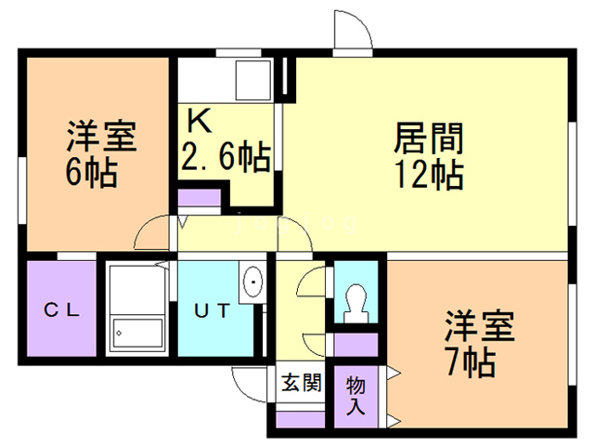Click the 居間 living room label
tap(429, 138)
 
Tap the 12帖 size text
tap(429, 175)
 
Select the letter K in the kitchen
tap(200, 120)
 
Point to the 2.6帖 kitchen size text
tap(226, 156)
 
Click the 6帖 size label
tap(91, 172)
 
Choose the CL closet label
tap(61, 310)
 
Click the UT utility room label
tap(212, 310)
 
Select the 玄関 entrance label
tap(301, 383)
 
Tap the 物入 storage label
tap(355, 396)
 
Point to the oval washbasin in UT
tap(252, 282)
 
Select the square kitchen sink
tap(253, 80)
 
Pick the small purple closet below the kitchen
tap(200, 198)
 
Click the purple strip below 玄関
tap(301, 419)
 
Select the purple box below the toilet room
tap(356, 345)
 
